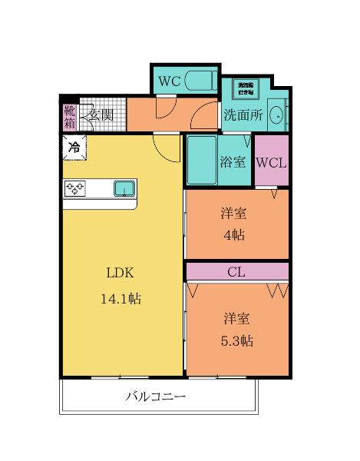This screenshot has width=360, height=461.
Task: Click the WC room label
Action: click(x=169, y=80)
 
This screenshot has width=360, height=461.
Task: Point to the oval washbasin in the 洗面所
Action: click(x=278, y=115)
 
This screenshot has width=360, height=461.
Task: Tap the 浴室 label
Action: click(x=233, y=162)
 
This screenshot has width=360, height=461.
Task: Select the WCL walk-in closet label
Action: click(x=271, y=162)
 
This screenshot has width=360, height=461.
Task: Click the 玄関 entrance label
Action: click(x=101, y=115)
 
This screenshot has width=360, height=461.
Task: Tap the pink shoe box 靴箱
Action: click(x=69, y=115)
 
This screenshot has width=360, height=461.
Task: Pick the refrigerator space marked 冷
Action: click(x=74, y=145)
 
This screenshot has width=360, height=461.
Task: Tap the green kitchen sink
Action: click(x=124, y=187)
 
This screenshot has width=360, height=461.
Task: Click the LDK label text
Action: click(x=120, y=273)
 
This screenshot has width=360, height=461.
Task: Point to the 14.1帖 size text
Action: click(x=121, y=298)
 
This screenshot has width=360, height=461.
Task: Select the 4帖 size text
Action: click(x=234, y=235)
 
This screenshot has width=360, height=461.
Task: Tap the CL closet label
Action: click(x=236, y=271)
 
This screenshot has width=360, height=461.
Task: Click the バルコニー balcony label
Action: click(x=156, y=397)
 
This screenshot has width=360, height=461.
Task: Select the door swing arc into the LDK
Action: click(x=166, y=142)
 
